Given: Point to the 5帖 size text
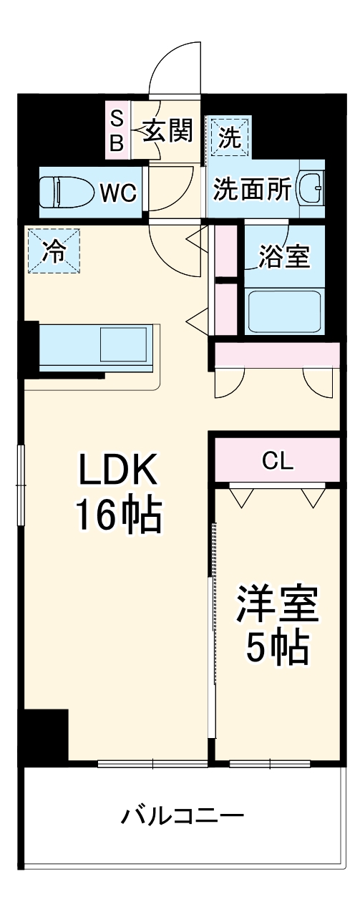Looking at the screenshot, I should click(278, 649).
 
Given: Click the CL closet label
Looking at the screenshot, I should click(277, 461).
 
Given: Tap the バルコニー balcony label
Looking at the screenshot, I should click(183, 815).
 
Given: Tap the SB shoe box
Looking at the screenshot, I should click(117, 130).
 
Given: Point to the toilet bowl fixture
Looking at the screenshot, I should click(66, 192).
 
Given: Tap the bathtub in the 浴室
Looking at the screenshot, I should click(284, 310).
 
